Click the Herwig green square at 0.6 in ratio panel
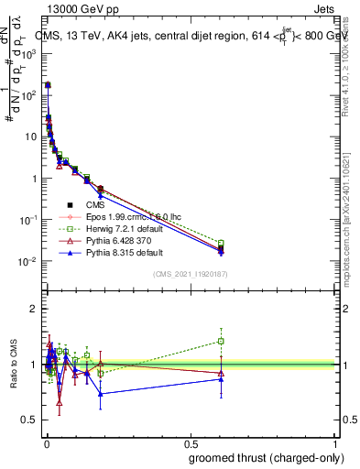pos(221,341)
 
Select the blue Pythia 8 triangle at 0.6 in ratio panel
pos(221,378)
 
